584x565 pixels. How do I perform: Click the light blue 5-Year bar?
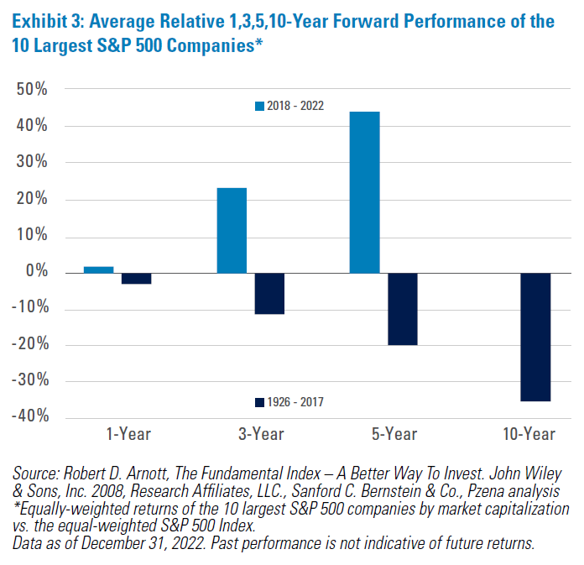coord(365,192)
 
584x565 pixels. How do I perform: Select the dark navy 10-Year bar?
coord(534,337)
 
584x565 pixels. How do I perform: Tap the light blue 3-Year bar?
coord(232,230)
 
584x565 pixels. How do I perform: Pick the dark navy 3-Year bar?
coord(269,293)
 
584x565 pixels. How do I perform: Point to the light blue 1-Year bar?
coord(99,269)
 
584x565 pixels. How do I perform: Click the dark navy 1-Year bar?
coord(136,279)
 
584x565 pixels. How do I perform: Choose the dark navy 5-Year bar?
coord(402,309)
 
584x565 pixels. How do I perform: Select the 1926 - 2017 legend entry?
coord(290,402)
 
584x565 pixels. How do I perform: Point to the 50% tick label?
coord(31,90)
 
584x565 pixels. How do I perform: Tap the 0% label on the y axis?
coord(36,272)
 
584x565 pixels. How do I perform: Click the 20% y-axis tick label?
coord(31,199)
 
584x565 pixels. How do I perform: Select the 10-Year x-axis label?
coord(528,435)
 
